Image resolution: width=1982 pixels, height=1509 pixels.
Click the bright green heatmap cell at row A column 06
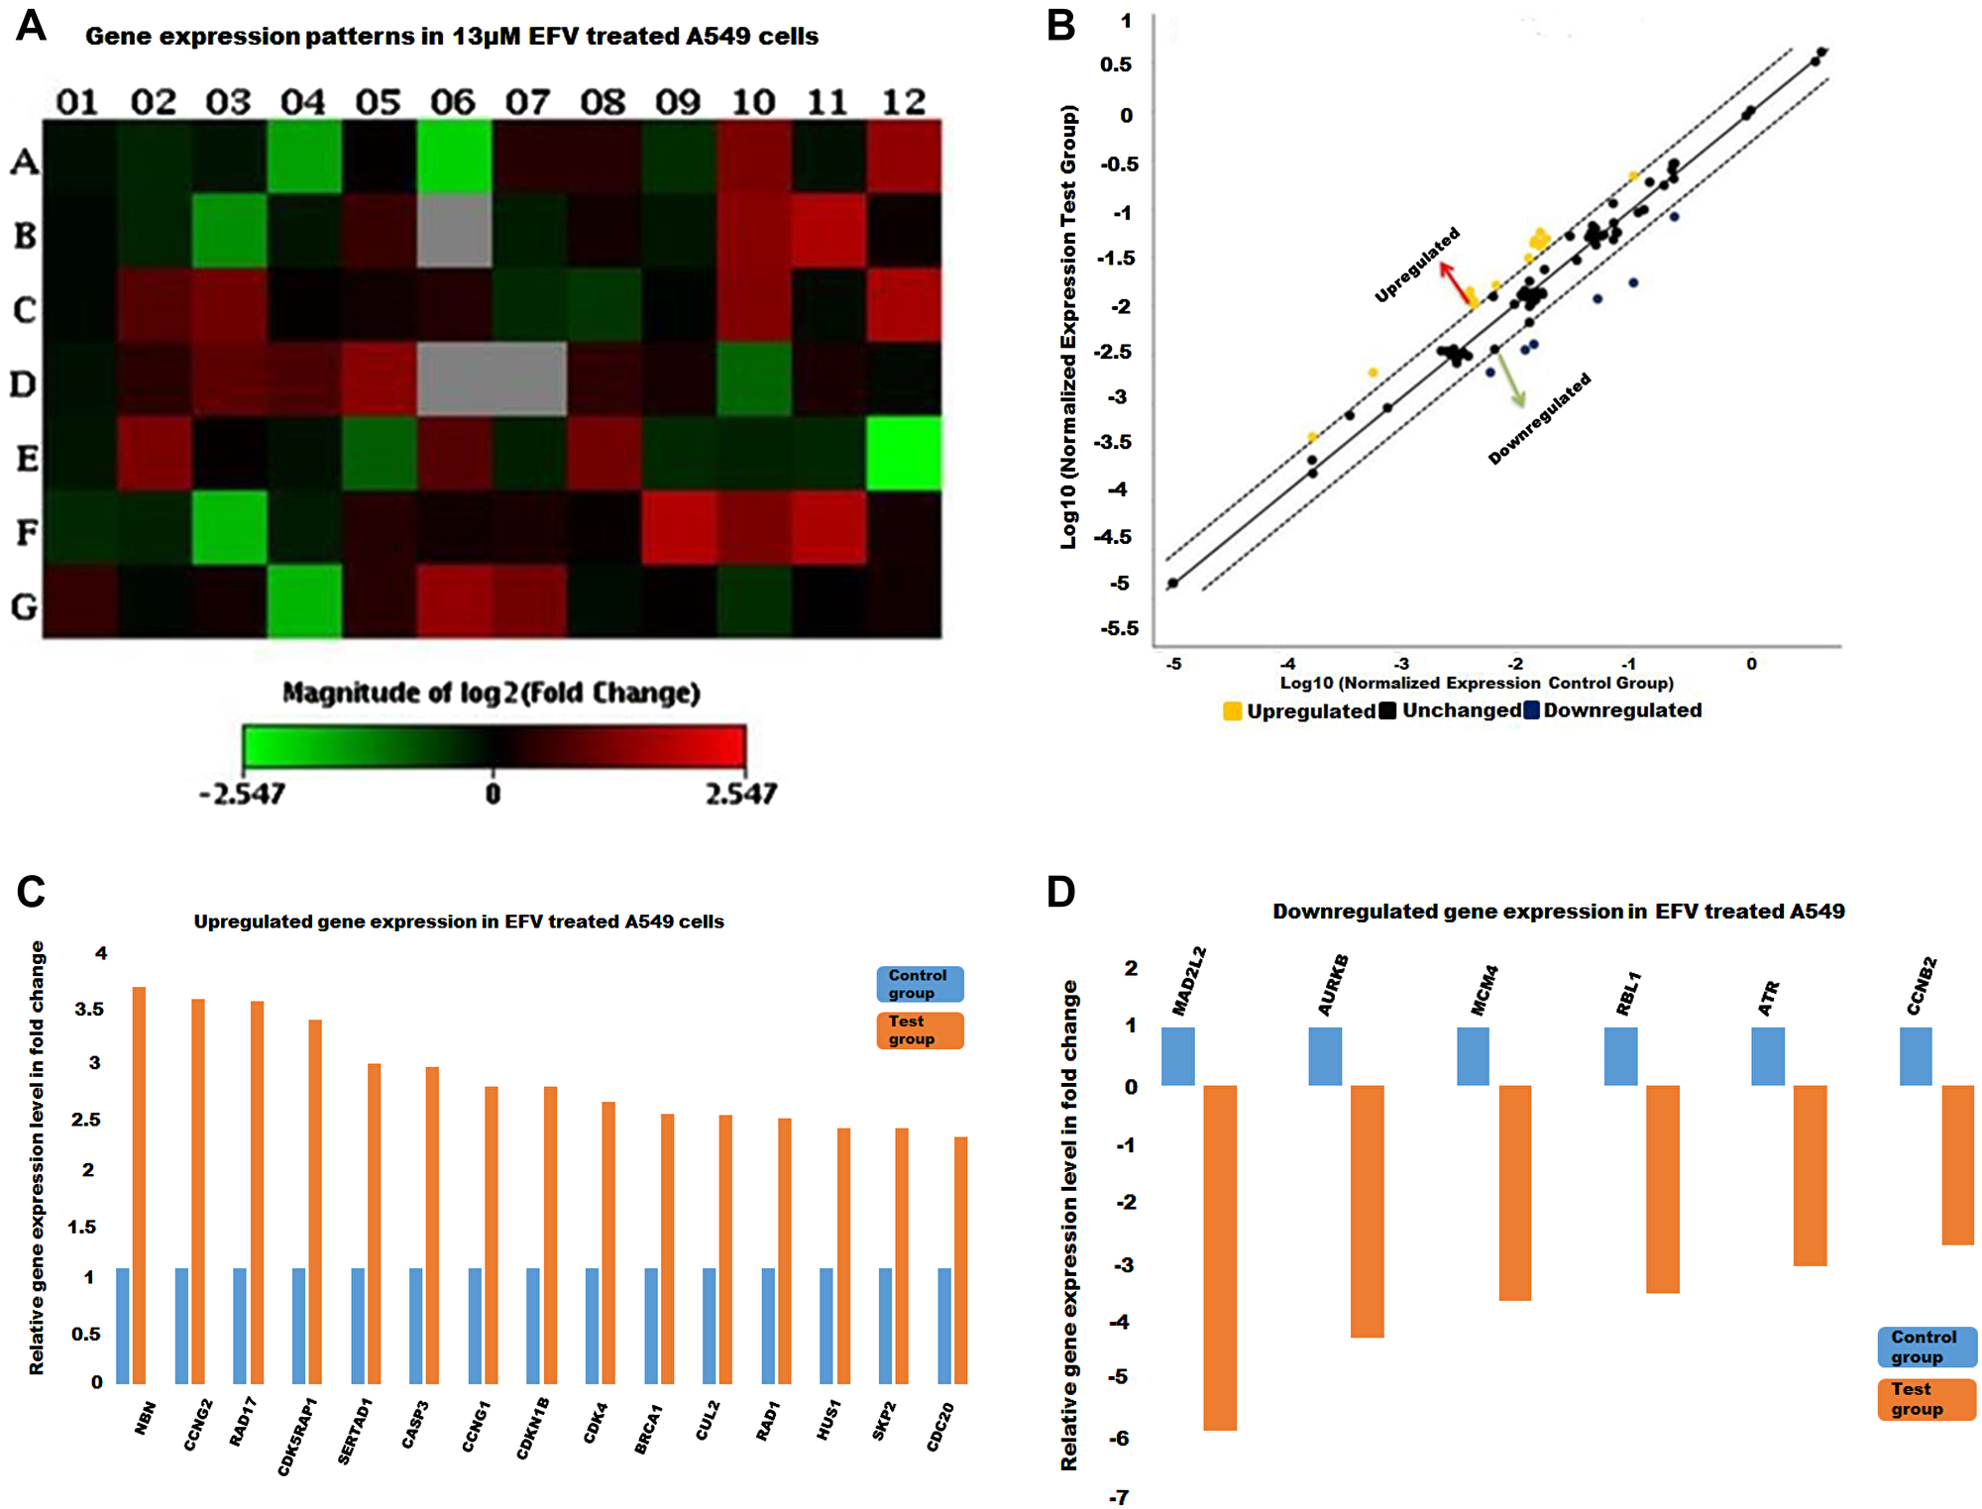pyautogui.click(x=454, y=156)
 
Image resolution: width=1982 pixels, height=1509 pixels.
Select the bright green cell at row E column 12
pyautogui.click(x=904, y=453)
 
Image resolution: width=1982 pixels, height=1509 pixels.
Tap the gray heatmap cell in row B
pyautogui.click(x=454, y=230)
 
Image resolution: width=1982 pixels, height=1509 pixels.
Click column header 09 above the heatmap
pyautogui.click(x=678, y=101)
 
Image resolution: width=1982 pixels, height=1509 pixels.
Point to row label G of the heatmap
pyautogui.click(x=25, y=605)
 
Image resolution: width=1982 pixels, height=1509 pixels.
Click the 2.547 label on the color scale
pyautogui.click(x=740, y=794)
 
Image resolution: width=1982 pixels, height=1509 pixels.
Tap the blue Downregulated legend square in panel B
pyautogui.click(x=1532, y=710)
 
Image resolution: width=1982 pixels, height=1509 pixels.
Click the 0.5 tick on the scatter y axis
pyautogui.click(x=1116, y=64)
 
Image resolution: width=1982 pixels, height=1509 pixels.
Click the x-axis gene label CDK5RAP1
pyautogui.click(x=297, y=1436)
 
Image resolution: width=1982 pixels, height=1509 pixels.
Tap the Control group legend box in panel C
pyautogui.click(x=920, y=984)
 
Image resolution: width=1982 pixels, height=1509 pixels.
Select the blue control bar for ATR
pyautogui.click(x=1768, y=1056)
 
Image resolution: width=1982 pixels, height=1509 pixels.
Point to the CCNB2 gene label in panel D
pyautogui.click(x=1922, y=986)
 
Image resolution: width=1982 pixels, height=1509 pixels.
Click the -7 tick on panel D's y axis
pyautogui.click(x=1118, y=1497)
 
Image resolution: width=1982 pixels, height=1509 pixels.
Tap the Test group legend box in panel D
pyautogui.click(x=1926, y=1399)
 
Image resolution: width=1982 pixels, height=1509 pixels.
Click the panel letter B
pyautogui.click(x=1060, y=25)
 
